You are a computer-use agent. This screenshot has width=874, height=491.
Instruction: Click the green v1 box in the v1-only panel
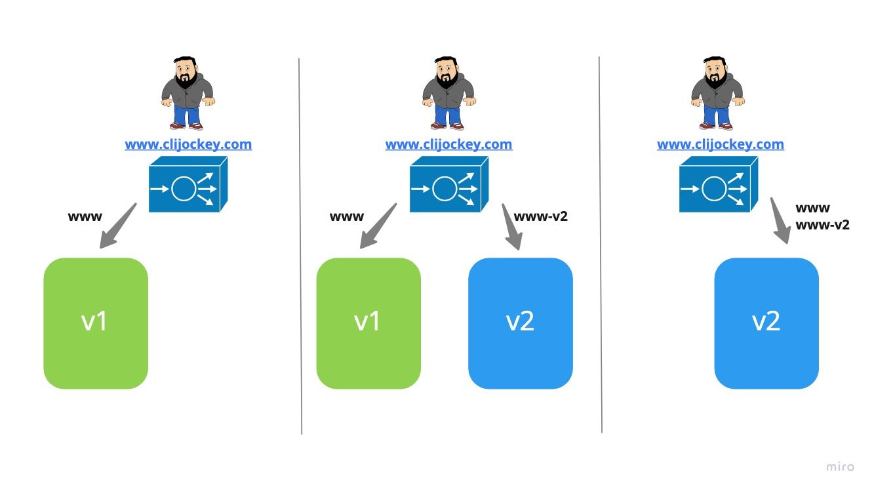tap(96, 323)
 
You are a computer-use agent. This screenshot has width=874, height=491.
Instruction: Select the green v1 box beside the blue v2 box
tap(368, 323)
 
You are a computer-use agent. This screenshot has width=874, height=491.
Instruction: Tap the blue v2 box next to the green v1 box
tap(521, 323)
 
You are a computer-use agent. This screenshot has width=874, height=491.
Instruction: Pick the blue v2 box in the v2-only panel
tap(766, 323)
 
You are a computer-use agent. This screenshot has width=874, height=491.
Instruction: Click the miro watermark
tap(840, 467)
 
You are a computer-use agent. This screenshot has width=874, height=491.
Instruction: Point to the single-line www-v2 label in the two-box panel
tap(540, 216)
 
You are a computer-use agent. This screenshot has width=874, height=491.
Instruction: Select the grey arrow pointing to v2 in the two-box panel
tap(512, 227)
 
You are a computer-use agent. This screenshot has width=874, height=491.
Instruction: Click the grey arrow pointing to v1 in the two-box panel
tap(378, 227)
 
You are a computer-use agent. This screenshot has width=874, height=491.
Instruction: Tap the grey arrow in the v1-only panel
tap(117, 227)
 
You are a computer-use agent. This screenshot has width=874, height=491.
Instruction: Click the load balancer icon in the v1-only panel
tap(188, 185)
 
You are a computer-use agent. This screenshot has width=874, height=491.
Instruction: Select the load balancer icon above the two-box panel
tap(448, 185)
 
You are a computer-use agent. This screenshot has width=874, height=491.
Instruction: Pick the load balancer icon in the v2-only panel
tap(718, 185)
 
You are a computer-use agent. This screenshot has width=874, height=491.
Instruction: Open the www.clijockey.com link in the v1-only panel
tap(188, 144)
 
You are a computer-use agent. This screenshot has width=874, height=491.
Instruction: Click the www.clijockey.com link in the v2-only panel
tap(720, 144)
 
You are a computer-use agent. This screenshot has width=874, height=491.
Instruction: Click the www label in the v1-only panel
tap(85, 216)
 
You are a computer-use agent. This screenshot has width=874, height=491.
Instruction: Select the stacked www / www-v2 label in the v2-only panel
tap(822, 216)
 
